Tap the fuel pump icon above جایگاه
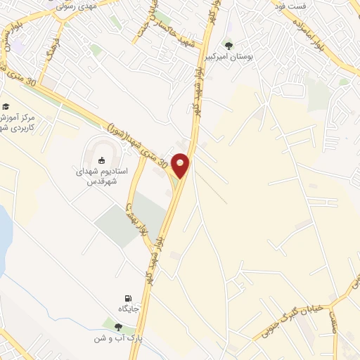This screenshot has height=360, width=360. tap(127, 298)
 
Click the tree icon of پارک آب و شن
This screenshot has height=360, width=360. tap(117, 327)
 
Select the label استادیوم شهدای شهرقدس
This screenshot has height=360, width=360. tap(101, 175)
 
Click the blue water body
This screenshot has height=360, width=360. tap(3, 232)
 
